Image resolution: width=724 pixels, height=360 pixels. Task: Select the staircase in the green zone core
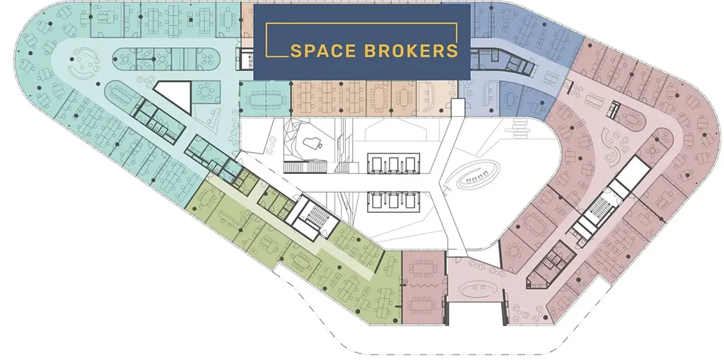point(317,215)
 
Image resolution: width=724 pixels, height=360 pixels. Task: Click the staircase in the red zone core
point(600,207)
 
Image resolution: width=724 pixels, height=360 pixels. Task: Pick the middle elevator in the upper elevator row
point(393,163)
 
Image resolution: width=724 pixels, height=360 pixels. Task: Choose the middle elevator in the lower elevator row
point(393,201)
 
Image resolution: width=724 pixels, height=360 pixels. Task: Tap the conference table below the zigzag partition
point(421,304)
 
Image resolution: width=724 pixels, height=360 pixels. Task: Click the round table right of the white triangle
point(205,92)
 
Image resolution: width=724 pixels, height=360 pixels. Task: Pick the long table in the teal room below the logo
point(265,99)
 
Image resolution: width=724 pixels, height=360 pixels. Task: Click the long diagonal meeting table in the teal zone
point(123,95)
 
